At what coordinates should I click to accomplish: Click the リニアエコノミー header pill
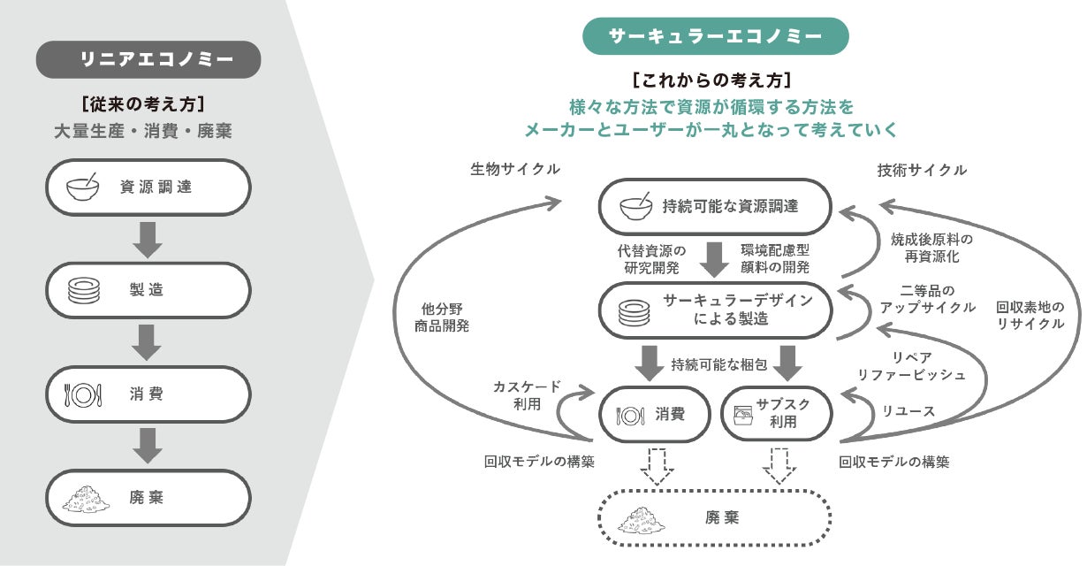pos(148,59)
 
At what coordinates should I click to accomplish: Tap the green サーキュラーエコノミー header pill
pos(715,36)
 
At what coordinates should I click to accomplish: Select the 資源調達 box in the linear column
pos(148,187)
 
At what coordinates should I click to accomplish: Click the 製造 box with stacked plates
pos(148,290)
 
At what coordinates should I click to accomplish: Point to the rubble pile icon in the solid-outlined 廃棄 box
pos(84,498)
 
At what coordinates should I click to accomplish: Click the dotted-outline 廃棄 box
pos(715,517)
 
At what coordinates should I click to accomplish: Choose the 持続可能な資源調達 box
pos(715,207)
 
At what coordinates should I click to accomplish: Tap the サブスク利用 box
pos(778,413)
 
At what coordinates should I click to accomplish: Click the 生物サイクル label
pos(515,170)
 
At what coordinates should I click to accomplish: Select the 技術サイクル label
pos(922,170)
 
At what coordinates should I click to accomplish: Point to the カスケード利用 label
pos(526,395)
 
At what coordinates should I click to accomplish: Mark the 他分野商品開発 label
pos(442,317)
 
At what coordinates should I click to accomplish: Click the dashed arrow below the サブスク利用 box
pos(779,465)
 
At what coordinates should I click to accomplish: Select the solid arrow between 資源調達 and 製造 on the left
pos(148,238)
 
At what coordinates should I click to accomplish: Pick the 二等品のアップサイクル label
pos(927,299)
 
